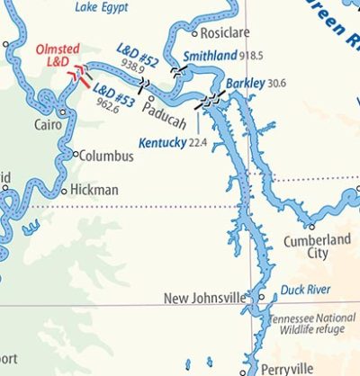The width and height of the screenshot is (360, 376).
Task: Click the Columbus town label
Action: (106, 157)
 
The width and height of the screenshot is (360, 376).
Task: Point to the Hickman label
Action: (94, 190)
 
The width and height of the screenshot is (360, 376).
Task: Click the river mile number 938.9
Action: (132, 68)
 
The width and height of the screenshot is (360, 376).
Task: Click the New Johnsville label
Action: (204, 298)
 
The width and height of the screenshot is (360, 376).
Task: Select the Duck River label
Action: (305, 291)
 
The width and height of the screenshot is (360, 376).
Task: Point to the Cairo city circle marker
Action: (63, 112)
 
